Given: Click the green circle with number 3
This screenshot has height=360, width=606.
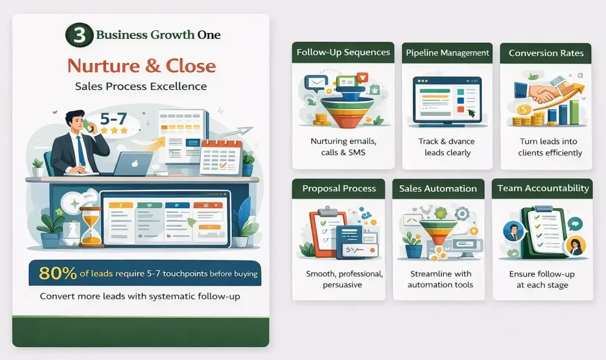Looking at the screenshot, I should (x=79, y=36).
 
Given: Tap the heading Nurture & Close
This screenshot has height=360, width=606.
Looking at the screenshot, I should (x=141, y=66).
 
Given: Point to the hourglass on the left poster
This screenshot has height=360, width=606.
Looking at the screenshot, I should (x=91, y=226).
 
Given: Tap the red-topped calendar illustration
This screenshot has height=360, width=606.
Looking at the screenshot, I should (x=221, y=158).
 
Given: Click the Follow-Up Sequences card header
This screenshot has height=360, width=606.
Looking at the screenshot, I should (x=343, y=53).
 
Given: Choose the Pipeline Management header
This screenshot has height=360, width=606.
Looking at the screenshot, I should (x=447, y=53).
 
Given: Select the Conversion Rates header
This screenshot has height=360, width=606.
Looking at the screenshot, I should (x=546, y=53).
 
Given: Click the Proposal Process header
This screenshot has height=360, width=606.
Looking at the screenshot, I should (x=339, y=189).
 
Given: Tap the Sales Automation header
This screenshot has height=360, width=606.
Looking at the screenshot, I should (x=438, y=189).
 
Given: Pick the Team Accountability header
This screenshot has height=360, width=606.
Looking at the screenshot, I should (x=543, y=188).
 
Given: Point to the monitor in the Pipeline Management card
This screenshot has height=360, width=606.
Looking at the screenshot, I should (x=447, y=99).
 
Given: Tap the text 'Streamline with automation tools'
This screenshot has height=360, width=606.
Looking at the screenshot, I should (x=439, y=279).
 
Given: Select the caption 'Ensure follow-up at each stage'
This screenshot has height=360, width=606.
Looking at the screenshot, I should (x=542, y=279).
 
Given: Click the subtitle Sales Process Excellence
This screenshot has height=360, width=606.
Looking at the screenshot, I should (x=141, y=86).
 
